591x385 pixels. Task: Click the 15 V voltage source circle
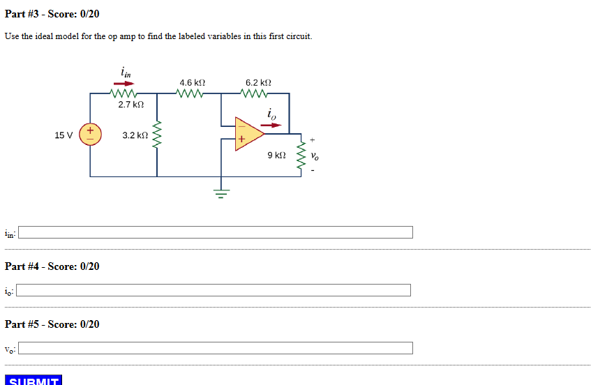(90, 135)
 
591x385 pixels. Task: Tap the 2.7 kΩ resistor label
(130, 105)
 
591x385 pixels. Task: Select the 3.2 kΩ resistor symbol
(157, 135)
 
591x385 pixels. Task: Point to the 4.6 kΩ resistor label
(192, 82)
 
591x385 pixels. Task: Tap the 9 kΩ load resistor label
(276, 155)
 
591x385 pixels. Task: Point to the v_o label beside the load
(315, 155)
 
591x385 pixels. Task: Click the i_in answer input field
(216, 232)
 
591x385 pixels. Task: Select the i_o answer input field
(214, 290)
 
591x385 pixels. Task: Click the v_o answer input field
(216, 348)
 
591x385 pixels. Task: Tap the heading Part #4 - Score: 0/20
(52, 266)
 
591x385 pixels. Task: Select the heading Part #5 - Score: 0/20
(52, 324)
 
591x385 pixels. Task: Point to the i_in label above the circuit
(126, 71)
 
